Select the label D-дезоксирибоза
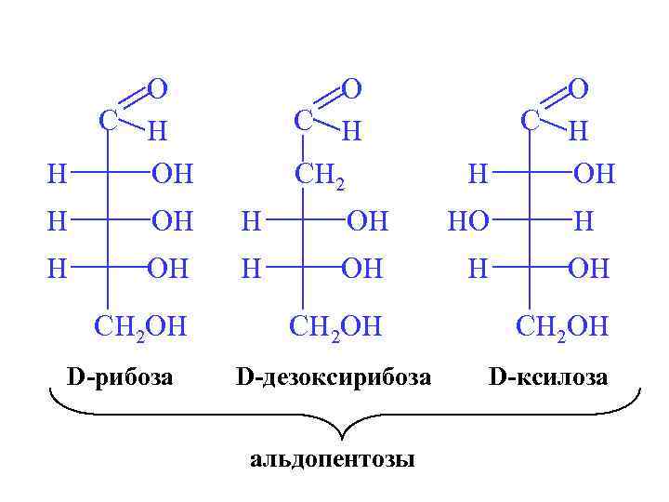(334, 376)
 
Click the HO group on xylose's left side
(467, 221)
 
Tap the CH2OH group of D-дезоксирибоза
(336, 326)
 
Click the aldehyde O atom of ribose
(157, 88)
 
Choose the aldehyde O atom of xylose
(578, 88)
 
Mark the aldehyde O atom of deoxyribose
(350, 88)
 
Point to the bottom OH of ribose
(170, 270)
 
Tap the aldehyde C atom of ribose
(108, 120)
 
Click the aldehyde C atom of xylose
(530, 120)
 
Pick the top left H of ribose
(58, 173)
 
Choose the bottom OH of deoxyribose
(365, 270)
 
